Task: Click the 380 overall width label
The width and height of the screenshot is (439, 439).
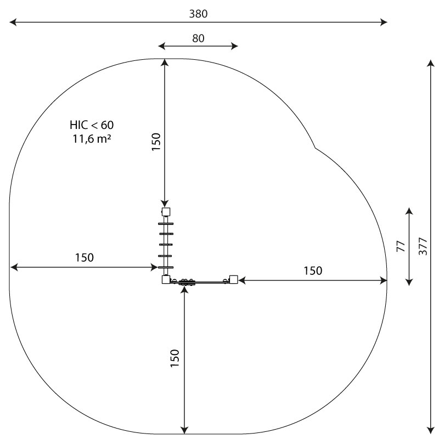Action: [198, 14]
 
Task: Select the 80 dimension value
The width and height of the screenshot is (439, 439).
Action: [198, 38]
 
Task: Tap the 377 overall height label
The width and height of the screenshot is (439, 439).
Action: [423, 246]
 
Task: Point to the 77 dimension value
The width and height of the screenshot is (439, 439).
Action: [401, 246]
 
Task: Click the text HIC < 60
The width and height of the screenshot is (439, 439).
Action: [92, 125]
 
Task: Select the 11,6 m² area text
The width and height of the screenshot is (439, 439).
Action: [92, 139]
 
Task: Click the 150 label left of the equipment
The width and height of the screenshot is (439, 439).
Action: [85, 257]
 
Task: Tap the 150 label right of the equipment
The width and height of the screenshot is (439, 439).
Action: [313, 271]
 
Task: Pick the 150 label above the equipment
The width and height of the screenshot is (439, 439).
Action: [156, 142]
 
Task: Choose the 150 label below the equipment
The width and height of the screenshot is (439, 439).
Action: [175, 358]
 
